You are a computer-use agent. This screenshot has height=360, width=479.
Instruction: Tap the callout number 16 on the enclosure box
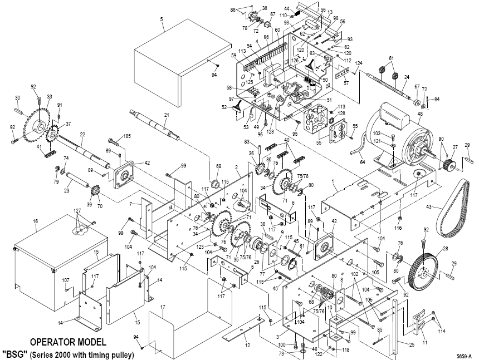pyautogui.click(x=35, y=221)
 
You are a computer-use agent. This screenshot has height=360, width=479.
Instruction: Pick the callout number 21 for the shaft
pyautogui.click(x=166, y=115)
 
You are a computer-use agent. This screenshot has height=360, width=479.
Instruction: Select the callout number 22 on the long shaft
pyautogui.click(x=82, y=135)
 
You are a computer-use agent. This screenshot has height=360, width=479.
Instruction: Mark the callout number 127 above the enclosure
pyautogui.click(x=77, y=211)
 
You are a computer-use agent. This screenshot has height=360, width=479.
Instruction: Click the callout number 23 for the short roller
pyautogui.click(x=66, y=190)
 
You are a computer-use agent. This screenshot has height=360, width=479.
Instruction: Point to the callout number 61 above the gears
pyautogui.click(x=391, y=58)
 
